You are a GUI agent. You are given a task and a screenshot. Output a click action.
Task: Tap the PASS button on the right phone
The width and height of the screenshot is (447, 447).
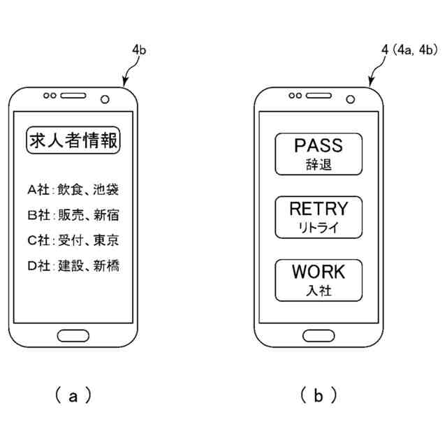tap(318, 154)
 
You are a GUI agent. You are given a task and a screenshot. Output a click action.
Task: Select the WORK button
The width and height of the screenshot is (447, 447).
tap(318, 280)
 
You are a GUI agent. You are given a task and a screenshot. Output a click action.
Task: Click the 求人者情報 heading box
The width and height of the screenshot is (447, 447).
tap(73, 140)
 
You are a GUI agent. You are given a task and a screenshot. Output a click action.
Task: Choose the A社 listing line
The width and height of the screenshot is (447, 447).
tap(73, 189)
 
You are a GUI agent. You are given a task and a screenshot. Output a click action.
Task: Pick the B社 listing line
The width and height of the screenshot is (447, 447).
tap(73, 215)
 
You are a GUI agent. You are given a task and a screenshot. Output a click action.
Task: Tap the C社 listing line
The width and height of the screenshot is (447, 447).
tap(73, 240)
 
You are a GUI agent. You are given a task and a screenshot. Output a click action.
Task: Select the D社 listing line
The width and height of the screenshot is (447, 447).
tap(73, 265)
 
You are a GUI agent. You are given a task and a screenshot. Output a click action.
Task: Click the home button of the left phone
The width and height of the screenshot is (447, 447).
tap(73, 335)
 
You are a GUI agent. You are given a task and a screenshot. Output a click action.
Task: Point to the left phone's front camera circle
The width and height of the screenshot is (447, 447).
tap(105, 99)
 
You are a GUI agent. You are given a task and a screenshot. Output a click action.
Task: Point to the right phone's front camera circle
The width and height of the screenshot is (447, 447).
tap(351, 99)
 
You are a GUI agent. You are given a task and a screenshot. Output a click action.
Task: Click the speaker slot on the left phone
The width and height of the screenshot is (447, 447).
tap(73, 96)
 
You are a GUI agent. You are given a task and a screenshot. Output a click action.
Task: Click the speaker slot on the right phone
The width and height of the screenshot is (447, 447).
tap(318, 96)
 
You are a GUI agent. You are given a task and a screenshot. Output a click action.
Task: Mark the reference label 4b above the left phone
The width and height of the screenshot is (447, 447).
tap(139, 50)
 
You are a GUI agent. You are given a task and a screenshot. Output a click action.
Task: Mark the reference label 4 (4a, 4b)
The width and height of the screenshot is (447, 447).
tap(409, 50)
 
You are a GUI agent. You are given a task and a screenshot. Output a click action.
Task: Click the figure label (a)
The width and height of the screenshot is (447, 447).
tap(73, 395)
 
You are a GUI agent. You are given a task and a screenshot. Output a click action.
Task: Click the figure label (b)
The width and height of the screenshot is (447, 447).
tap(318, 395)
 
